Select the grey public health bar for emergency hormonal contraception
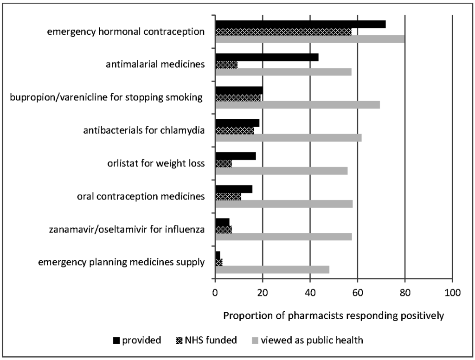coord(310,39)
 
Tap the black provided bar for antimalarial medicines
coord(267,58)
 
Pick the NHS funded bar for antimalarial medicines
coord(226,65)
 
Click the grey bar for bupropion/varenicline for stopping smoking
coord(297,105)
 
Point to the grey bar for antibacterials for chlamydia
coord(288,138)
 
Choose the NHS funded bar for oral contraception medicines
coord(228,196)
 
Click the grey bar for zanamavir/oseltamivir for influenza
coord(283,237)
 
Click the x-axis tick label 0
coord(215,293)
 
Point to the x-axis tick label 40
coord(310,293)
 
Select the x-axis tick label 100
coord(452,293)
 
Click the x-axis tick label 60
coord(358,293)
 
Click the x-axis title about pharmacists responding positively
coord(334,316)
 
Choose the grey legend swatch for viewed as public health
coord(255,341)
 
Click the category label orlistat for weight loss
coord(156,163)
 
